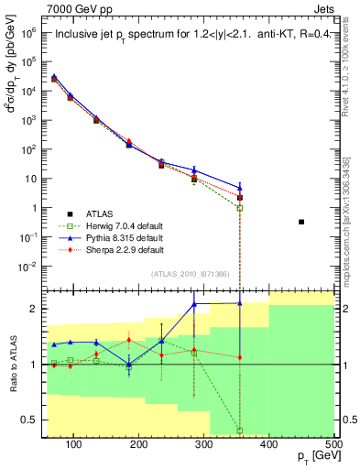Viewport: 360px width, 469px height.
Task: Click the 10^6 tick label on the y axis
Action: [x=35, y=31]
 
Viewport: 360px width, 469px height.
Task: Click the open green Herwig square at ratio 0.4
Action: [x=240, y=431]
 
